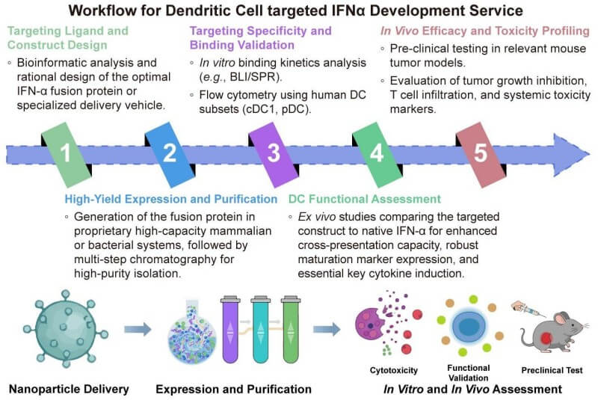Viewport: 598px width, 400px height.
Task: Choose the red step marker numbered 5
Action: [x=481, y=153]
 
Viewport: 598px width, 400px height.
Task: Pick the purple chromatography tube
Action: [x=230, y=330]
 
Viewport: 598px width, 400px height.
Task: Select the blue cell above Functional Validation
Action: [x=469, y=329]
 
